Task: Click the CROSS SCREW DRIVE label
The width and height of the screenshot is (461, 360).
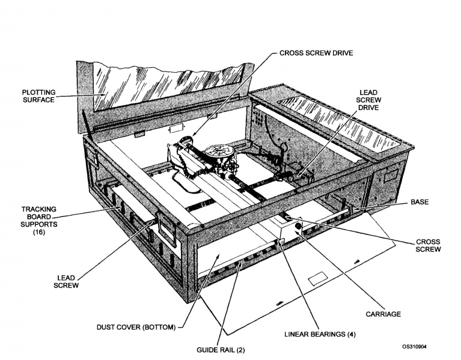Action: point(316,53)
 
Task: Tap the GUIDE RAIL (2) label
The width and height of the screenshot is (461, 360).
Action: point(219,349)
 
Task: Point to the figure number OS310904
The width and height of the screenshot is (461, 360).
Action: point(419,347)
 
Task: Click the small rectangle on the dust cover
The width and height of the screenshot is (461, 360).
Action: point(315,279)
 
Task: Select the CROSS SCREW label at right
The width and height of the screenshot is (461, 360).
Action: point(427,246)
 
